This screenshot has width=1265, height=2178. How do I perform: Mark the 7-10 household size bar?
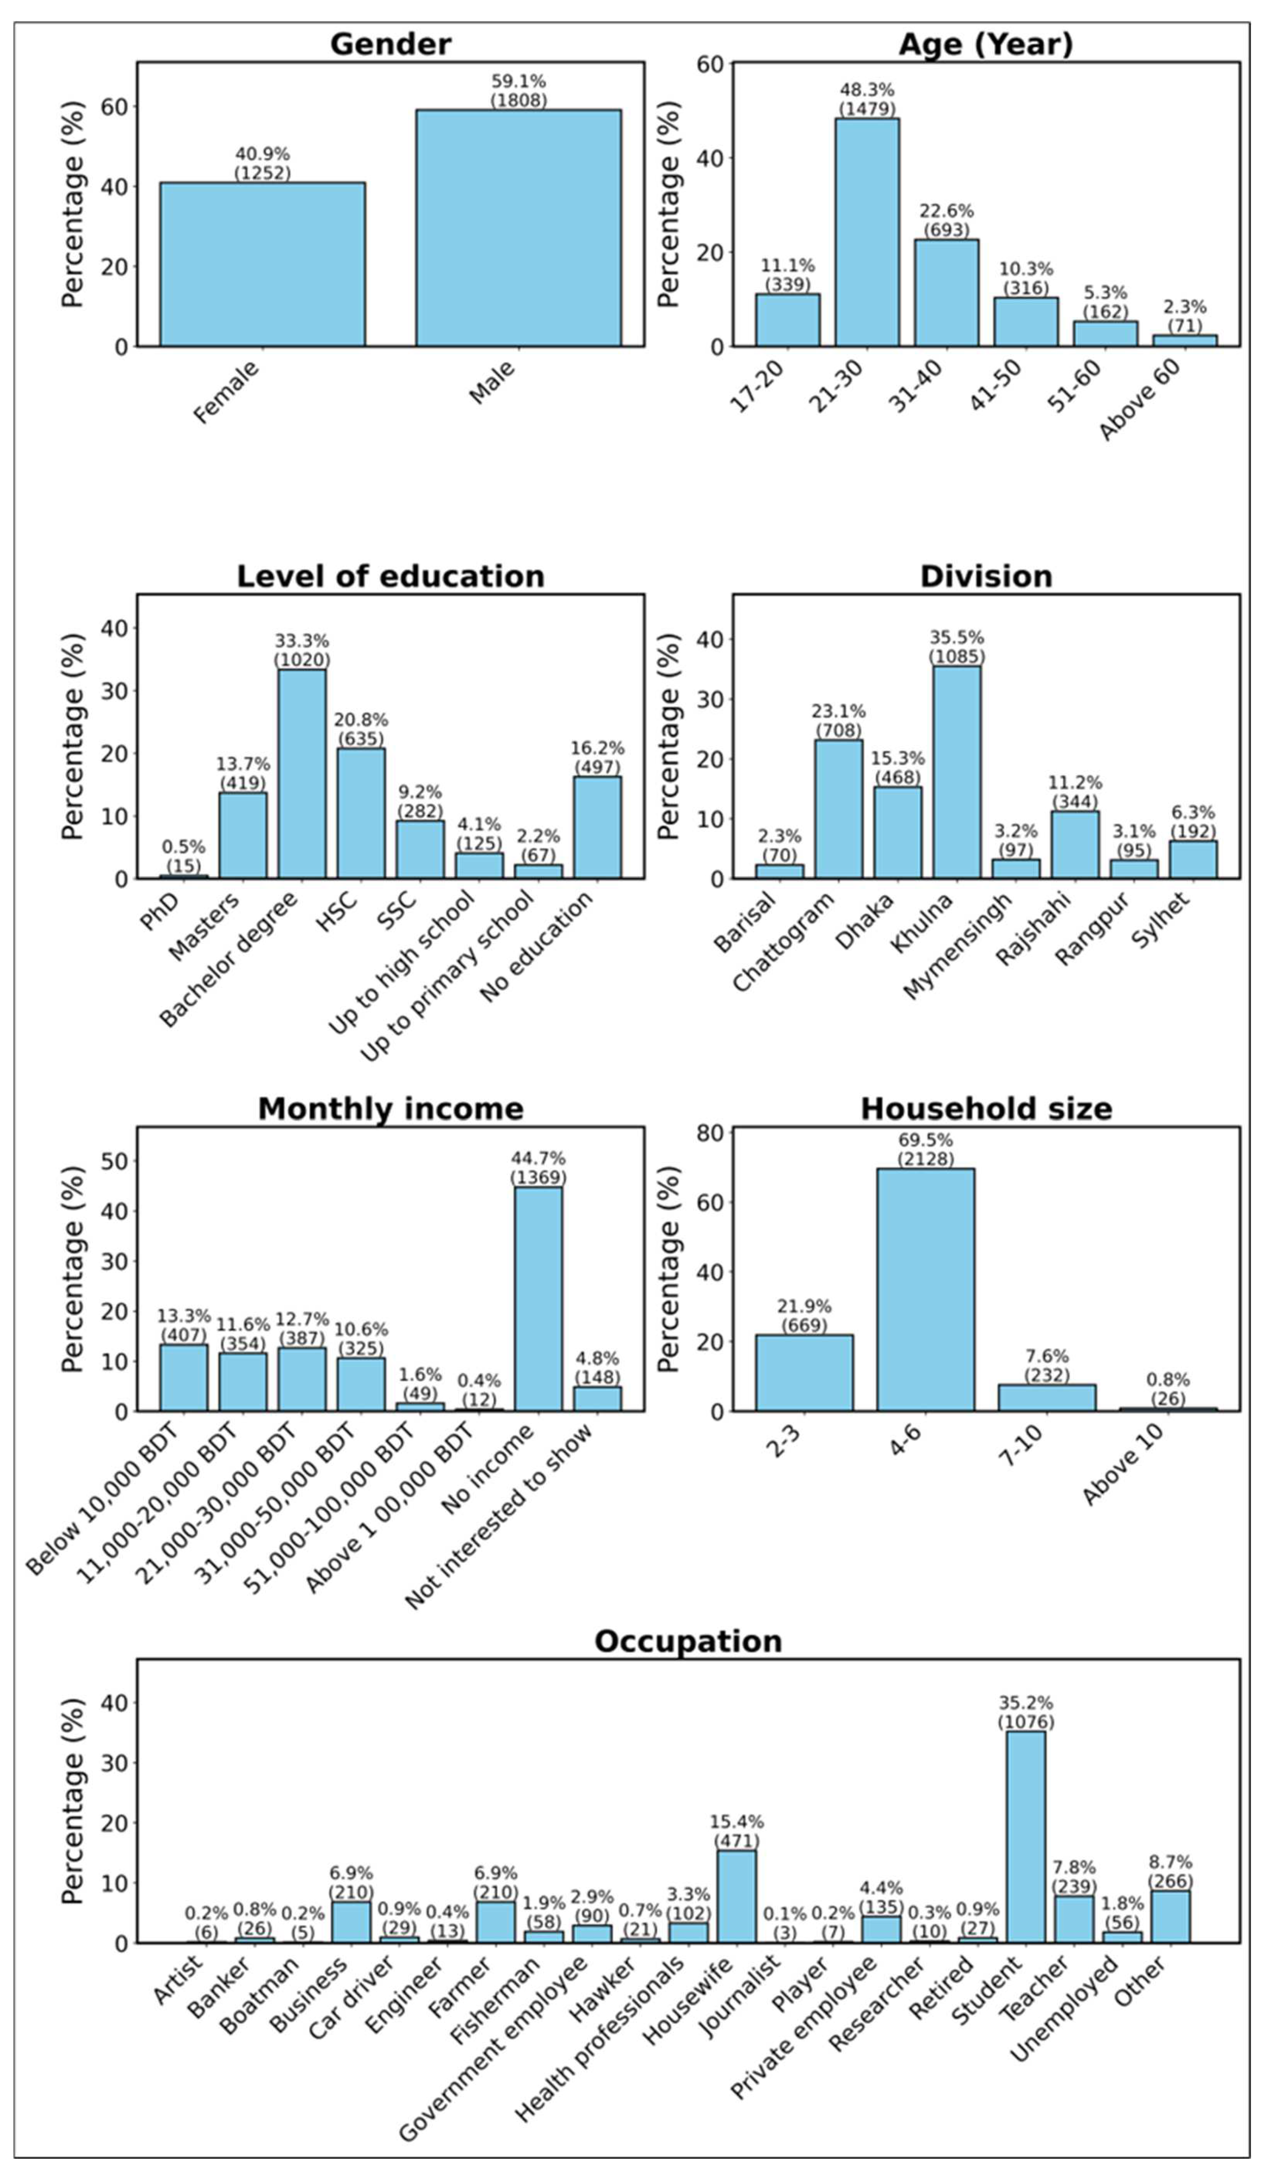[x=1046, y=1398]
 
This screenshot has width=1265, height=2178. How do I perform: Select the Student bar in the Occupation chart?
[x=1025, y=1837]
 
